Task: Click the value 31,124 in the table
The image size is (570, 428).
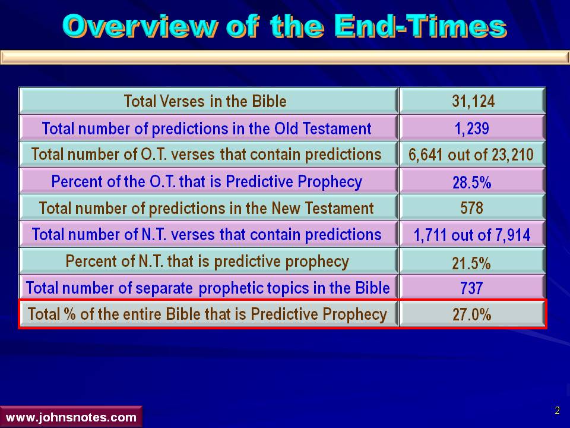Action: pos(473,101)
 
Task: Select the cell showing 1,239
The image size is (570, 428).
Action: pos(472,128)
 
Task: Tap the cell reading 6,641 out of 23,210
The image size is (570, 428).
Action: pos(471,155)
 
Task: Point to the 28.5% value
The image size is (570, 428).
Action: pos(472,182)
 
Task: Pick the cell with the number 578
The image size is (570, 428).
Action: pos(472,208)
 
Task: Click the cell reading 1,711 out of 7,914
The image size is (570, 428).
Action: pos(472,235)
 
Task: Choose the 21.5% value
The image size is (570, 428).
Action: pos(471,262)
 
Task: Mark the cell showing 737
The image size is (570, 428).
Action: pos(471,288)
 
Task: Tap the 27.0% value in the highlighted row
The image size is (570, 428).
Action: pos(472,314)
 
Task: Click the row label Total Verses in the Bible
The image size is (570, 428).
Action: pos(205,101)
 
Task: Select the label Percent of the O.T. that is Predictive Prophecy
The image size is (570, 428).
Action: pos(207,182)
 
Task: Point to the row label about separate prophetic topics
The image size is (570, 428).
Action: pos(208,288)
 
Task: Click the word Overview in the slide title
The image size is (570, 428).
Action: pos(141,27)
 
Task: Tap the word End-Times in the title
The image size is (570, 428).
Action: pos(420,26)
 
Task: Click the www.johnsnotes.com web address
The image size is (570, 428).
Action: pos(71,417)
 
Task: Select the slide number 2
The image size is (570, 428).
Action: pos(558,411)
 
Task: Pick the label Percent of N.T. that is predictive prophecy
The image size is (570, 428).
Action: pos(207,262)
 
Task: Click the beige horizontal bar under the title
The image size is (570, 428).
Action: pos(285,58)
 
